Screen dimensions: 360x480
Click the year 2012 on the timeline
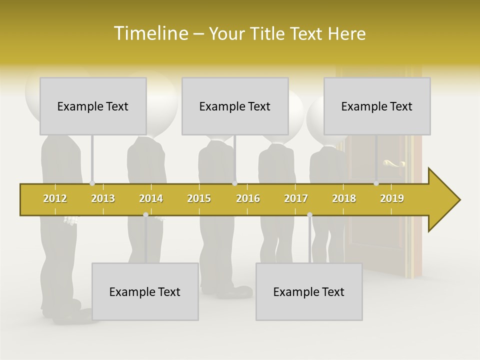pos(55,198)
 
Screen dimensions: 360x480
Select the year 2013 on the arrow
pos(103,198)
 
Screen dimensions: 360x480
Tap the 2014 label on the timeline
pos(151,198)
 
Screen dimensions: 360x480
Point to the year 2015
pos(199,198)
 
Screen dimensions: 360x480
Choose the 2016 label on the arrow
pos(248,198)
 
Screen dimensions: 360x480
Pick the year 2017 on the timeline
pos(296,198)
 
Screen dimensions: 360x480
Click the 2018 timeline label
pos(344,198)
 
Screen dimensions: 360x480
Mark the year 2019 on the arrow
pos(392,198)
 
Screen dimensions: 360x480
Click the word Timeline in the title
pos(149,33)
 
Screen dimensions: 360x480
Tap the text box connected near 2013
pos(93,106)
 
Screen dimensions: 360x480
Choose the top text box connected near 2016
pos(235,106)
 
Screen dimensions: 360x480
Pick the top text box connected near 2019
pos(377,106)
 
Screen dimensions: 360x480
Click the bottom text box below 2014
pos(145,291)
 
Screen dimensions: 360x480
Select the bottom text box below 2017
pos(309,291)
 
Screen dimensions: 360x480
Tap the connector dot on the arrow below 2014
pos(145,215)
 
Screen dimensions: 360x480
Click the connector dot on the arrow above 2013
pos(92,183)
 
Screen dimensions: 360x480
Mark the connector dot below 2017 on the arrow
pos(309,215)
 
